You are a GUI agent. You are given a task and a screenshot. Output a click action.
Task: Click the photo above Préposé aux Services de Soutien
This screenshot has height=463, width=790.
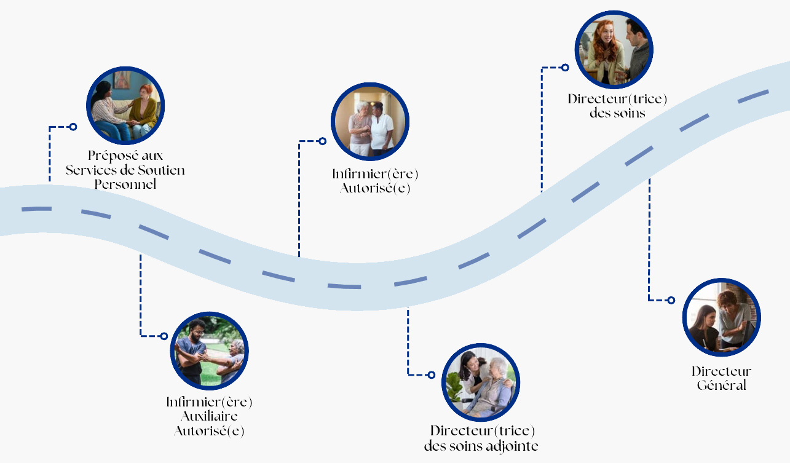click(x=125, y=106)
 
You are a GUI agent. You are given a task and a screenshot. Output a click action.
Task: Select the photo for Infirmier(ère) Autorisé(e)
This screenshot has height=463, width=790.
click(x=370, y=122)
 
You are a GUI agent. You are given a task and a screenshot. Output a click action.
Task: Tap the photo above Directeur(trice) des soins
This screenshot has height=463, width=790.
click(x=614, y=50)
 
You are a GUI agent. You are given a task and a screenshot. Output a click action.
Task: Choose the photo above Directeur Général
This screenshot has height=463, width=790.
click(x=722, y=318)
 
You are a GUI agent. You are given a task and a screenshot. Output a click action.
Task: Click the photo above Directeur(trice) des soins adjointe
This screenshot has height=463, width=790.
click(x=481, y=383)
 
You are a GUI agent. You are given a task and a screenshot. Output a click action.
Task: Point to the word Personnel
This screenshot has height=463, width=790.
click(x=125, y=184)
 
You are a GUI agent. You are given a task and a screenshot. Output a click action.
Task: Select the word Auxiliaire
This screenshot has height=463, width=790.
click(x=209, y=416)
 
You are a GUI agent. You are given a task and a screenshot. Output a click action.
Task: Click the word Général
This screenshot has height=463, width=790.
click(x=721, y=386)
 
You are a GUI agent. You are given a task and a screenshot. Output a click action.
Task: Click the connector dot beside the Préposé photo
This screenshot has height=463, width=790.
click(x=73, y=127)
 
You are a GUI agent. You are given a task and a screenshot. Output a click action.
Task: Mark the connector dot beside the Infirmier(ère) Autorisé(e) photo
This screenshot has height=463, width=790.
click(x=322, y=141)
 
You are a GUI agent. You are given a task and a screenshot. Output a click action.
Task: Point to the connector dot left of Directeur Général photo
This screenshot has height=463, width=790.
click(x=671, y=301)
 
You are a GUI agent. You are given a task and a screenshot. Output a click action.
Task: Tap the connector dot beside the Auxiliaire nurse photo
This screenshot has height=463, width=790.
click(x=164, y=336)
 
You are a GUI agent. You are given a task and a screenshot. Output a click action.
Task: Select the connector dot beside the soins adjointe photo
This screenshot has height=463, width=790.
click(x=431, y=374)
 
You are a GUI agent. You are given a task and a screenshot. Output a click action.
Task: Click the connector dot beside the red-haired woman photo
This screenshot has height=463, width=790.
click(x=565, y=68)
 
